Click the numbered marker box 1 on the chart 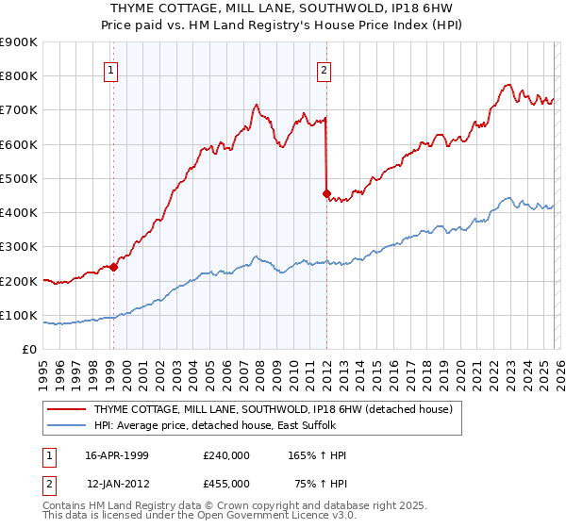pyautogui.click(x=112, y=69)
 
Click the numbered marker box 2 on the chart pyautogui.click(x=324, y=69)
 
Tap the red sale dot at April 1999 pyautogui.click(x=114, y=267)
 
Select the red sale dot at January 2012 pyautogui.click(x=326, y=193)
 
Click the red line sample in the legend pyautogui.click(x=68, y=409)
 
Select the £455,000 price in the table pyautogui.click(x=225, y=484)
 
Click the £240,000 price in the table pyautogui.click(x=225, y=455)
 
